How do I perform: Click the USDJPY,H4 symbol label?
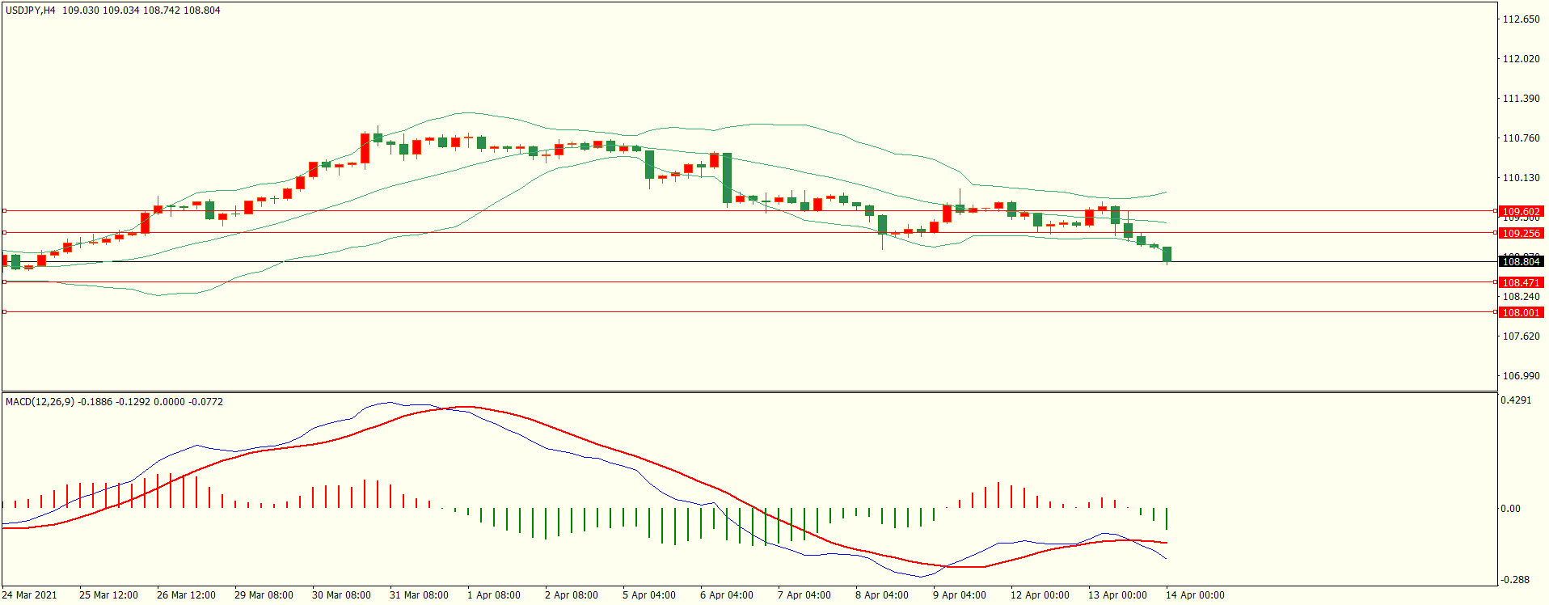click(31, 11)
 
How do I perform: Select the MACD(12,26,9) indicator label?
click(39, 402)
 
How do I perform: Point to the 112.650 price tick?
click(1521, 19)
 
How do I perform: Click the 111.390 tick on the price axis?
click(1521, 99)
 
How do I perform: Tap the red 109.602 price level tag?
click(1521, 212)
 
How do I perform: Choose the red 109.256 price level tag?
click(1521, 234)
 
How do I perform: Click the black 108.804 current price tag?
click(1521, 262)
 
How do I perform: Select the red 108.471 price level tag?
click(1521, 283)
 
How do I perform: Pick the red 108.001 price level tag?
click(1521, 313)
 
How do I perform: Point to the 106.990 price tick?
click(1521, 376)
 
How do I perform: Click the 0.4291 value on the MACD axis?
click(1516, 400)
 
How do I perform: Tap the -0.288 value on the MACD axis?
click(1515, 580)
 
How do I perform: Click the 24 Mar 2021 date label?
click(30, 595)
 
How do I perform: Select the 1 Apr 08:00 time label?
click(494, 595)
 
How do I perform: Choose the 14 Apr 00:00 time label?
click(1195, 595)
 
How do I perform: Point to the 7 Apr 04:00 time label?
click(804, 595)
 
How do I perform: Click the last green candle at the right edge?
click(1167, 255)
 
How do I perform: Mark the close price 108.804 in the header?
click(202, 11)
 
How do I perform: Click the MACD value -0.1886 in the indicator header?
click(95, 402)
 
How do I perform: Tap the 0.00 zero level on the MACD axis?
click(1510, 509)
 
